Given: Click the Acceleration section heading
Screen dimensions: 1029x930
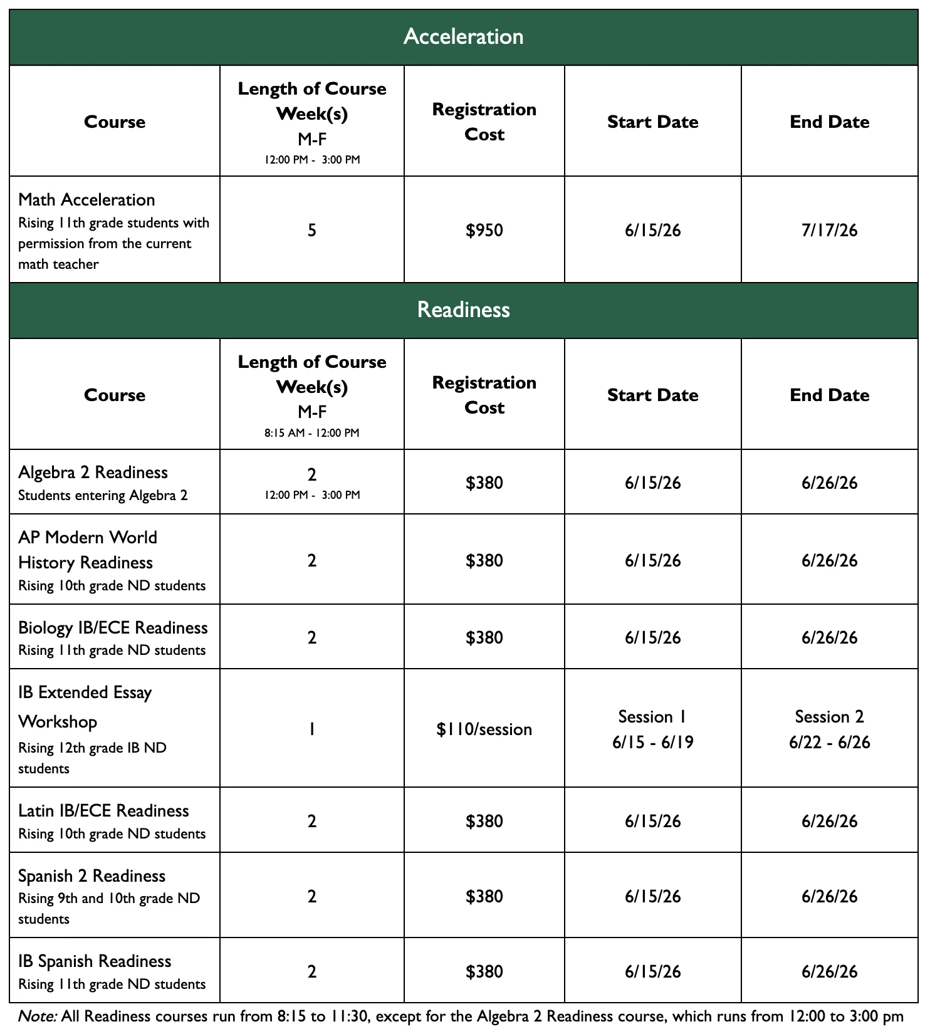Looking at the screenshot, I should click(x=463, y=36).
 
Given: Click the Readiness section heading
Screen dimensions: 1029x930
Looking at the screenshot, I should click(x=463, y=310).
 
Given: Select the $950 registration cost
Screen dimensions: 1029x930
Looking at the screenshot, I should click(x=484, y=231).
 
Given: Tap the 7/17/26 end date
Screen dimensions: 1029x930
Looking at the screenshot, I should click(x=829, y=231).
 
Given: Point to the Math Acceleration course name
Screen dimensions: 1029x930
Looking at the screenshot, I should click(x=86, y=200).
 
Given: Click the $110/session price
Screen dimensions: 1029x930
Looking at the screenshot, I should click(x=484, y=729).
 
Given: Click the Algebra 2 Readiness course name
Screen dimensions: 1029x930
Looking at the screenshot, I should click(x=93, y=473).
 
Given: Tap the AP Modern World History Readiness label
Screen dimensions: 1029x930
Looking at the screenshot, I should click(x=87, y=550).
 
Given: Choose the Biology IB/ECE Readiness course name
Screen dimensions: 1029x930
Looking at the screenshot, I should click(x=113, y=628).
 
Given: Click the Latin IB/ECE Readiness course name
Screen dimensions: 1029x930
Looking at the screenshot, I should click(x=103, y=811).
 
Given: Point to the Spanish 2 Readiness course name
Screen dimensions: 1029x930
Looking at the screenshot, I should click(x=91, y=876).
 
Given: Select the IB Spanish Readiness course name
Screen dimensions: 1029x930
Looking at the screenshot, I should click(x=95, y=961).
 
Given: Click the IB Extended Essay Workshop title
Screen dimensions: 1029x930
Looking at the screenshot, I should click(x=85, y=707).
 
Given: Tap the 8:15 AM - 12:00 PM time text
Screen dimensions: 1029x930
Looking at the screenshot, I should click(x=311, y=433).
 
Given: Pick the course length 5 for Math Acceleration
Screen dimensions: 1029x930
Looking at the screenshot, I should click(x=311, y=231).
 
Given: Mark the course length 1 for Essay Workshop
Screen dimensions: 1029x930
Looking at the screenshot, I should click(x=311, y=729).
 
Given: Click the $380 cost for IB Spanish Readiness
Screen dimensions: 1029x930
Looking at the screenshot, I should click(x=484, y=972).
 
